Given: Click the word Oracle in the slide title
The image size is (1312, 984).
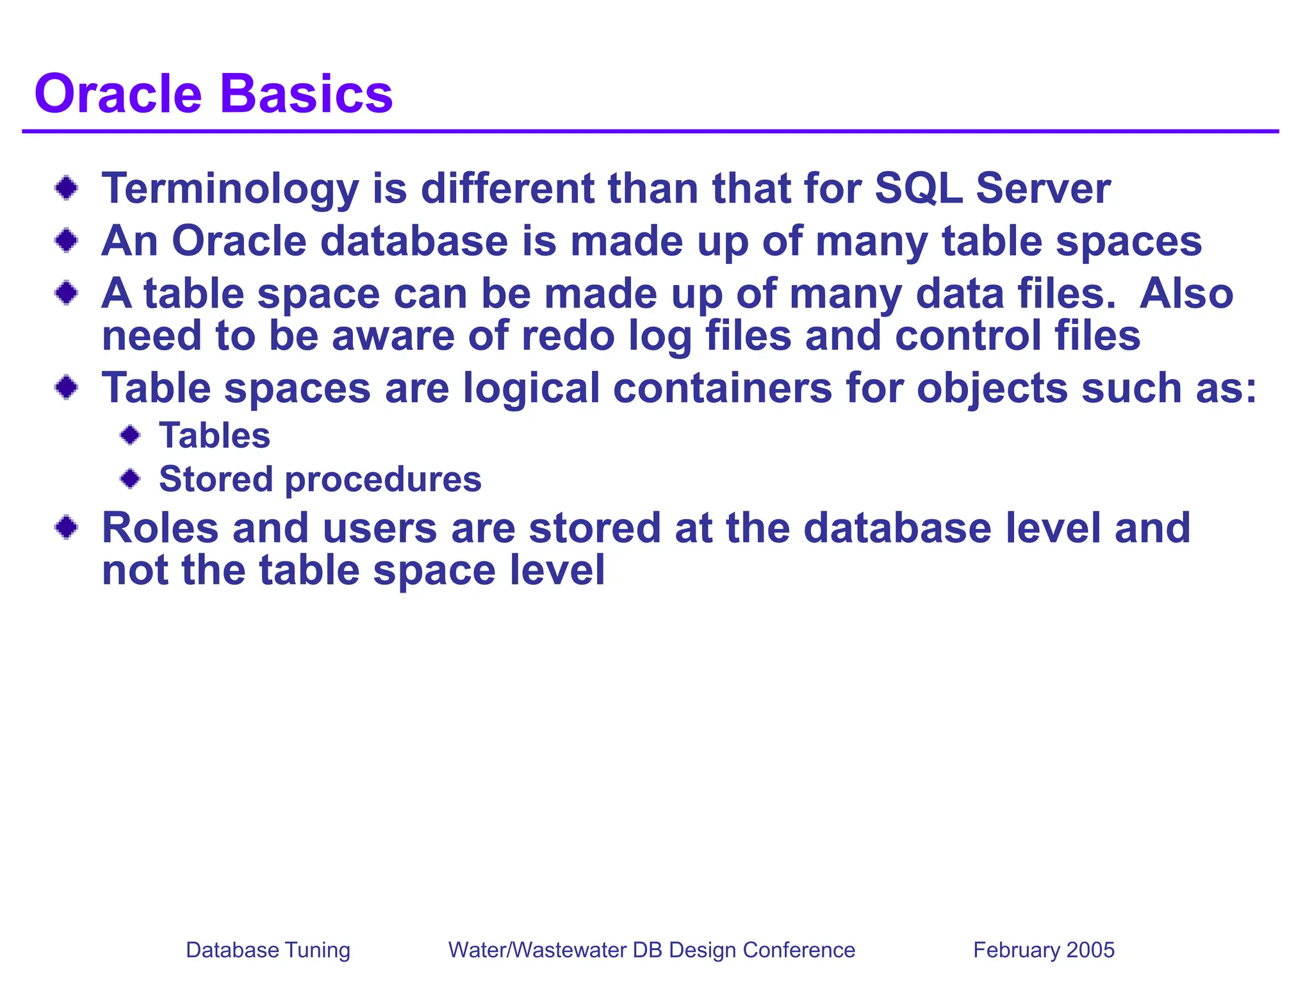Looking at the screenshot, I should point(119,94).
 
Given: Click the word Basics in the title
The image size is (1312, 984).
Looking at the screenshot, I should point(306,94).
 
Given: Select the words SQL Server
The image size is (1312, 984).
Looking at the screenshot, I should point(992,189).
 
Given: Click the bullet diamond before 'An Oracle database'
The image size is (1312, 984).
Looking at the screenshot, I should point(67,241).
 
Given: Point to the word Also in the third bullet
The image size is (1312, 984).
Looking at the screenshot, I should point(1186,293).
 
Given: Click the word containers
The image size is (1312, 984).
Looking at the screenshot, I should point(722,388).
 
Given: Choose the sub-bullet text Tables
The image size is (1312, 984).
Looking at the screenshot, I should point(215,436).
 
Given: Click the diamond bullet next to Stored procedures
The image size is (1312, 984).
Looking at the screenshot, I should point(131,479).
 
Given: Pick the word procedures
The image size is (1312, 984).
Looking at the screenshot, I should point(383,480).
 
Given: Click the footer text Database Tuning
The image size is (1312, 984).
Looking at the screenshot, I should point(268,949).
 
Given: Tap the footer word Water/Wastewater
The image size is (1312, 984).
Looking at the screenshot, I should point(537,949).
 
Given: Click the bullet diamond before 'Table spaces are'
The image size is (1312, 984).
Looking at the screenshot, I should point(67,388).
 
